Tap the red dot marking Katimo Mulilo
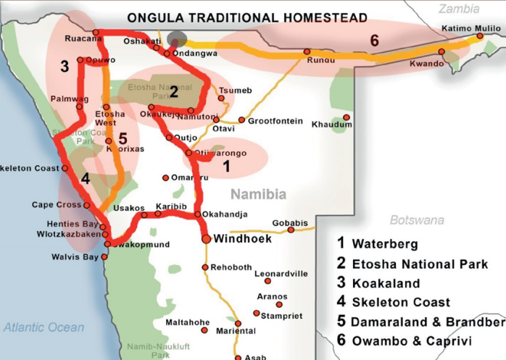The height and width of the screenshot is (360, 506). (x=480, y=35)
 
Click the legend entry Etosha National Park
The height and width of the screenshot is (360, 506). (x=419, y=264)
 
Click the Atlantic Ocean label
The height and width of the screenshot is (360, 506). (x=43, y=327)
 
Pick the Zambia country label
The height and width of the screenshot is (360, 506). (x=459, y=9)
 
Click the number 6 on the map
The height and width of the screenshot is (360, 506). (x=374, y=41)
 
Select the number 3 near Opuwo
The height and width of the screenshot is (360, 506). (x=65, y=67)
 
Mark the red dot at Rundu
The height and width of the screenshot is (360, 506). (x=307, y=51)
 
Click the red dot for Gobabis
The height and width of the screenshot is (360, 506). (x=291, y=230)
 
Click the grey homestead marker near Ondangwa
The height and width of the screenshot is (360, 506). (x=176, y=39)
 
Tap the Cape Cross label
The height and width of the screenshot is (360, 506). (x=56, y=205)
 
